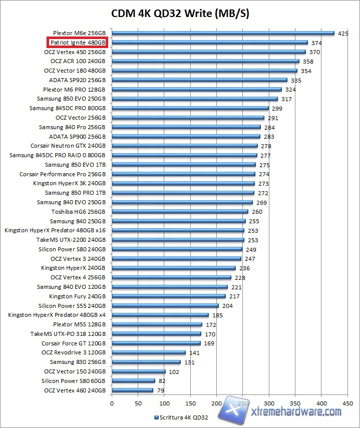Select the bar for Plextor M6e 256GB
223,34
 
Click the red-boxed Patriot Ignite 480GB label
78,43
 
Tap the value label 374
316,43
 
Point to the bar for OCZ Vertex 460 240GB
132,390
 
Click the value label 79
161,390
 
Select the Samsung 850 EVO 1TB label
75,165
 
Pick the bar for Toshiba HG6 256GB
180,211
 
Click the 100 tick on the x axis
164,402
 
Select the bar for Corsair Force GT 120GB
156,343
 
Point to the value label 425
343,34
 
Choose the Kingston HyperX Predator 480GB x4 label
57,315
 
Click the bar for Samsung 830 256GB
146,362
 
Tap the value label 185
217,315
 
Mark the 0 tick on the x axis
112,402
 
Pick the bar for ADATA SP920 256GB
199,80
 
